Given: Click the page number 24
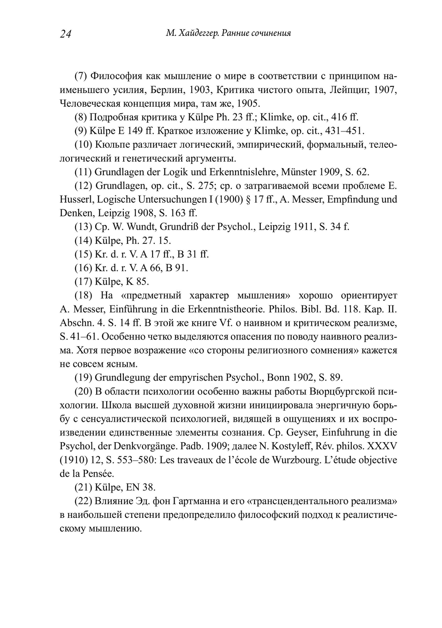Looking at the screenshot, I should (x=65, y=35).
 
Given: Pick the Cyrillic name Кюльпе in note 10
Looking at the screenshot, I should (x=111, y=145).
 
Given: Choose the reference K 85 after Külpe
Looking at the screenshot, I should (x=139, y=282).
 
